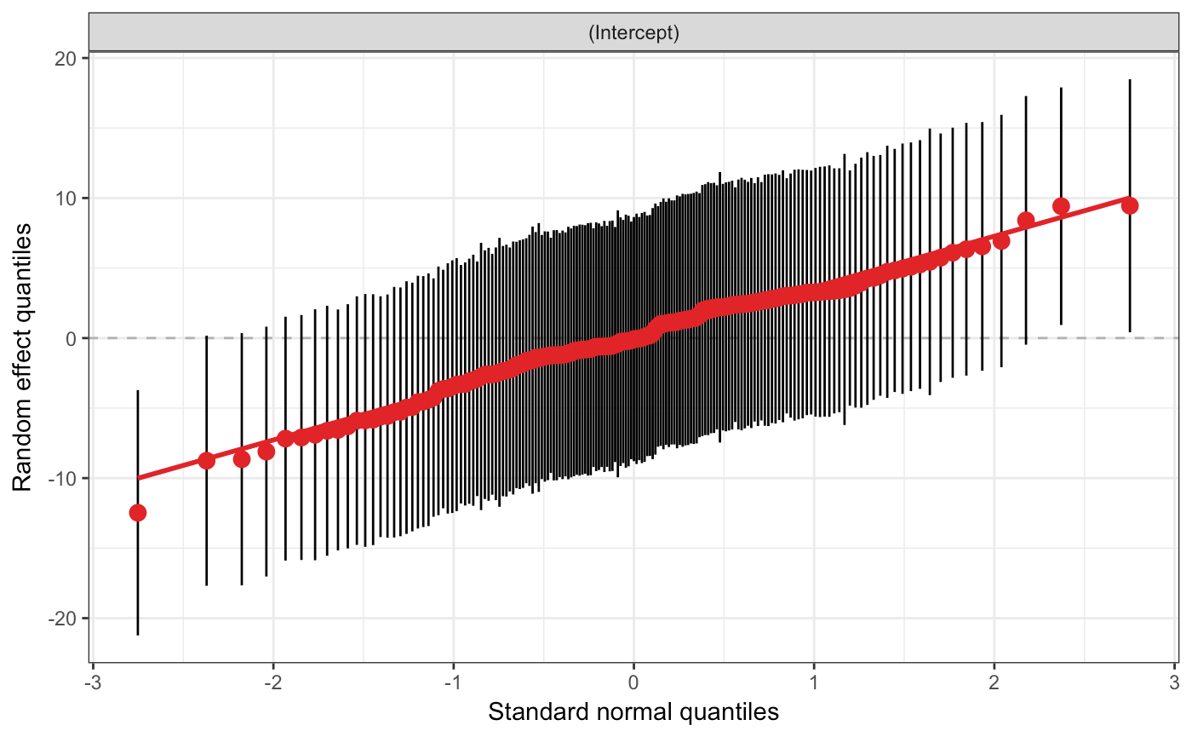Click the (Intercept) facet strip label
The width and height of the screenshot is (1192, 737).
[633, 34]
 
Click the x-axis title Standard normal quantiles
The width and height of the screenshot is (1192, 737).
[633, 711]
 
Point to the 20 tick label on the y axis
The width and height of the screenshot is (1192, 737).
[66, 58]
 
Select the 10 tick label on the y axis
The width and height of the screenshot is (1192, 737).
[66, 198]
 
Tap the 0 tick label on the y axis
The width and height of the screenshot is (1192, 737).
[72, 338]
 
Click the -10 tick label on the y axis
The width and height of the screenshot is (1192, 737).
[63, 478]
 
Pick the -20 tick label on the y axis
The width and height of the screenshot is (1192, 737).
[63, 618]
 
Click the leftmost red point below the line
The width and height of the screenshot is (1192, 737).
[137, 512]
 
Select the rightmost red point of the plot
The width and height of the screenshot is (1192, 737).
[1130, 205]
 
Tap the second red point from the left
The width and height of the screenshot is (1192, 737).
[206, 460]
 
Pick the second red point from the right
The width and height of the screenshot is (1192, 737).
[1061, 205]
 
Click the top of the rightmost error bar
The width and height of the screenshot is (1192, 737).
[1130, 80]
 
